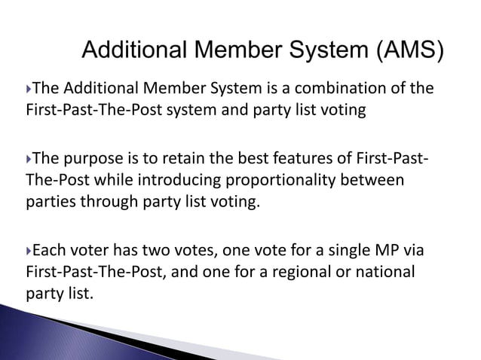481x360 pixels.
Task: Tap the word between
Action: pos(375,181)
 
